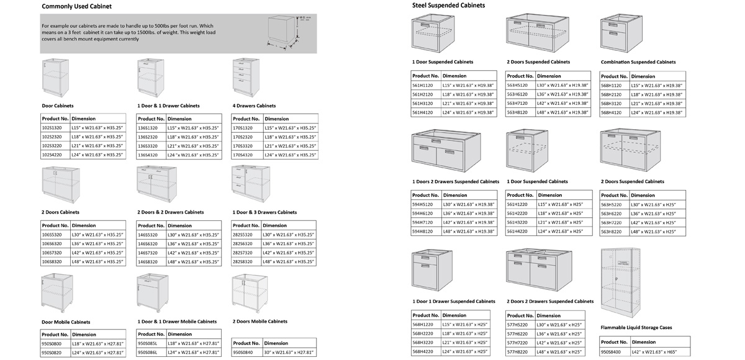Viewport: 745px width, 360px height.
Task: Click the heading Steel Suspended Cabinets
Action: tap(448, 6)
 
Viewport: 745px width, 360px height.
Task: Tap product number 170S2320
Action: tap(245, 137)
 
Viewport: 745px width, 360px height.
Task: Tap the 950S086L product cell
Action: tap(148, 353)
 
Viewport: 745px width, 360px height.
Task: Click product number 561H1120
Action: tap(424, 85)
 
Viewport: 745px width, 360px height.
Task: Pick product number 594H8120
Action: tap(424, 232)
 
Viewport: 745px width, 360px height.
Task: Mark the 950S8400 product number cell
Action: tap(613, 353)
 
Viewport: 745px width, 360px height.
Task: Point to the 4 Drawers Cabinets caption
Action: tap(254, 106)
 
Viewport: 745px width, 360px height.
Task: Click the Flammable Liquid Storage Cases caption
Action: tap(636, 327)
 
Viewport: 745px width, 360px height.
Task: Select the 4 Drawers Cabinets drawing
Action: tap(245, 76)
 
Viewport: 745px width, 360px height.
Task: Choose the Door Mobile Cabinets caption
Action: tap(65, 322)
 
